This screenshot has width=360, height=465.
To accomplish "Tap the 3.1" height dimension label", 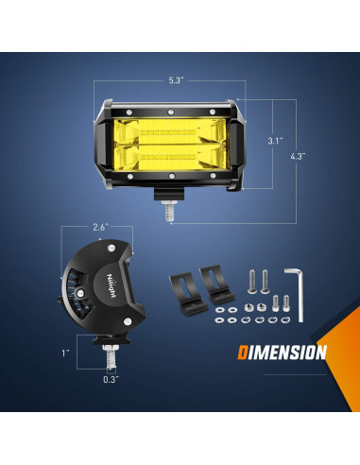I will (274, 142).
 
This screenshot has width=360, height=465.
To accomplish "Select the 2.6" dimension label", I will (101, 226).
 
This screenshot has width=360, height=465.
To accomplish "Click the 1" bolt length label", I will (67, 354).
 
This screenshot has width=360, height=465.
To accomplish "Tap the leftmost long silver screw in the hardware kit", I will (252, 281).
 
